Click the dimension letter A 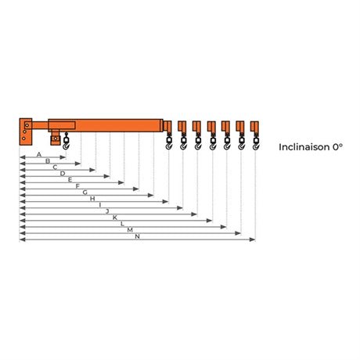coord(39,155)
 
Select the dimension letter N coord(138,236)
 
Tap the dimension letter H coord(92,199)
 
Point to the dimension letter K coord(115,218)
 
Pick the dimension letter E coord(70,180)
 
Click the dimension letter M coord(130,230)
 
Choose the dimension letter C coord(55,167)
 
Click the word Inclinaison coord(304,147)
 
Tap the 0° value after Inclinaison coord(337,147)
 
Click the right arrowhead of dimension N coord(252,239)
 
